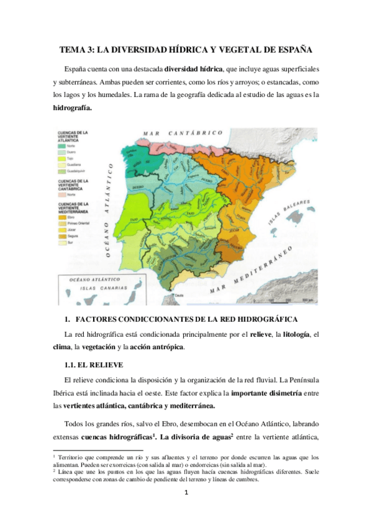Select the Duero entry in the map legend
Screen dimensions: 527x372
(72, 151)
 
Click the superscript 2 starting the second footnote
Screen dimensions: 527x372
(55, 470)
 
